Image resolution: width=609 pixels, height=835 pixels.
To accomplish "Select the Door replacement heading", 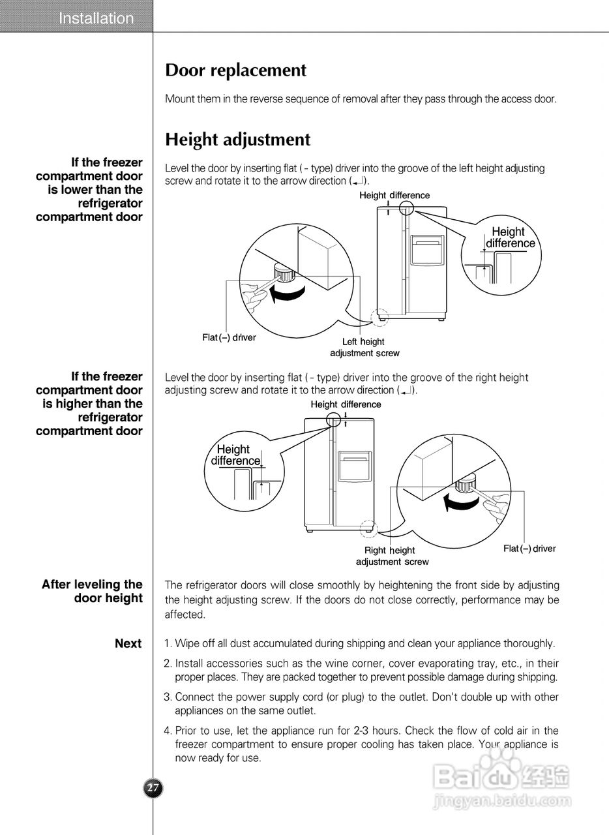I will tap(235, 70).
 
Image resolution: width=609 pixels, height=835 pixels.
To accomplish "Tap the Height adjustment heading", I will tap(237, 140).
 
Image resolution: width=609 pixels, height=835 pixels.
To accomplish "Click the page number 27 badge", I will tap(153, 788).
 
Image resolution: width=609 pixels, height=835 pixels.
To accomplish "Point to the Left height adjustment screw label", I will tap(364, 347).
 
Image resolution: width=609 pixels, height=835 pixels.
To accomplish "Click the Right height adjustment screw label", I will tap(391, 556).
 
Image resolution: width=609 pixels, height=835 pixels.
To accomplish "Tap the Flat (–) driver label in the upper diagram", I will tap(229, 337).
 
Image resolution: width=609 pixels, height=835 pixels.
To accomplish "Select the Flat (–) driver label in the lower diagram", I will tap(529, 549).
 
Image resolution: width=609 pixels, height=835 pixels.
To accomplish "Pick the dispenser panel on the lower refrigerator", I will tap(355, 464).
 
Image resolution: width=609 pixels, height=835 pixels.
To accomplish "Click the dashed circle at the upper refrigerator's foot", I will tap(379, 317).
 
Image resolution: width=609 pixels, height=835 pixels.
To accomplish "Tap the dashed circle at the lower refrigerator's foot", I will tap(366, 528).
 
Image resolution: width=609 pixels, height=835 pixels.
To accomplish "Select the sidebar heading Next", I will tap(128, 643).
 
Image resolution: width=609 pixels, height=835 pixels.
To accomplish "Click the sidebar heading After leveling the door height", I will tap(92, 591).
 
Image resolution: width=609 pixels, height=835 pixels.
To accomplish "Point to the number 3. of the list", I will tap(168, 697).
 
